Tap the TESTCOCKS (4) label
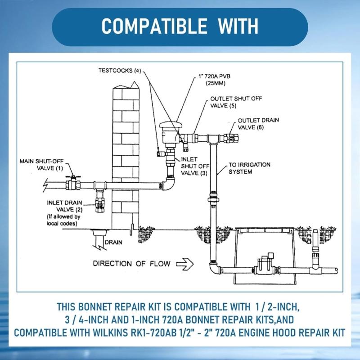pyautogui.click(x=120, y=71)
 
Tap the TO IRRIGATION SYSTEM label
pyautogui.click(x=249, y=168)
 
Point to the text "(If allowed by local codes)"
pyautogui.click(x=63, y=220)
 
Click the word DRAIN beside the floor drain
pyautogui.click(x=113, y=242)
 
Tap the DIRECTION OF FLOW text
pyautogui.click(x=131, y=263)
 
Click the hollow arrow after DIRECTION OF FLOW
pyautogui.click(x=184, y=263)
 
